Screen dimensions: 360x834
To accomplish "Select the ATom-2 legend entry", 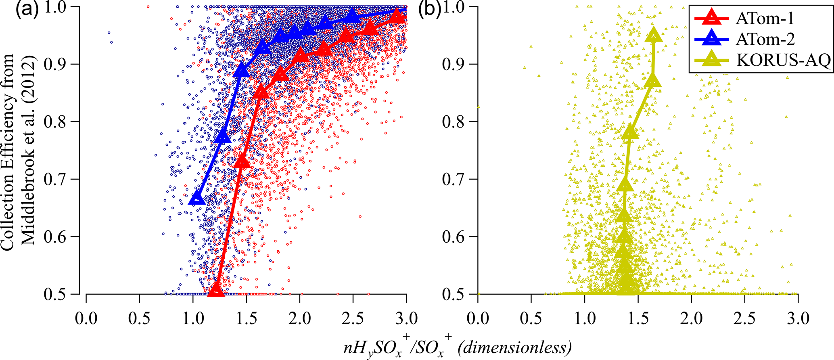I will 765,39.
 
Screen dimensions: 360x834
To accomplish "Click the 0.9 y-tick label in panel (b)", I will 455,65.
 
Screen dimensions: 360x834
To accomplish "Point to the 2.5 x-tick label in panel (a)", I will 353,318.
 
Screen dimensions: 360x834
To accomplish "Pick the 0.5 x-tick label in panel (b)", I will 531,318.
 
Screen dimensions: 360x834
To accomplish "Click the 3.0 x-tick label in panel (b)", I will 798,318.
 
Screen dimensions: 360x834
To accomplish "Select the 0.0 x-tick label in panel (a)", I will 86,318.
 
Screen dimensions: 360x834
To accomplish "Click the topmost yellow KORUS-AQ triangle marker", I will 654,36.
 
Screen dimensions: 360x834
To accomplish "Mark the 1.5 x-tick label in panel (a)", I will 246,318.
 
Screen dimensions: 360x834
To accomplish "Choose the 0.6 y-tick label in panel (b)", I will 455,237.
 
